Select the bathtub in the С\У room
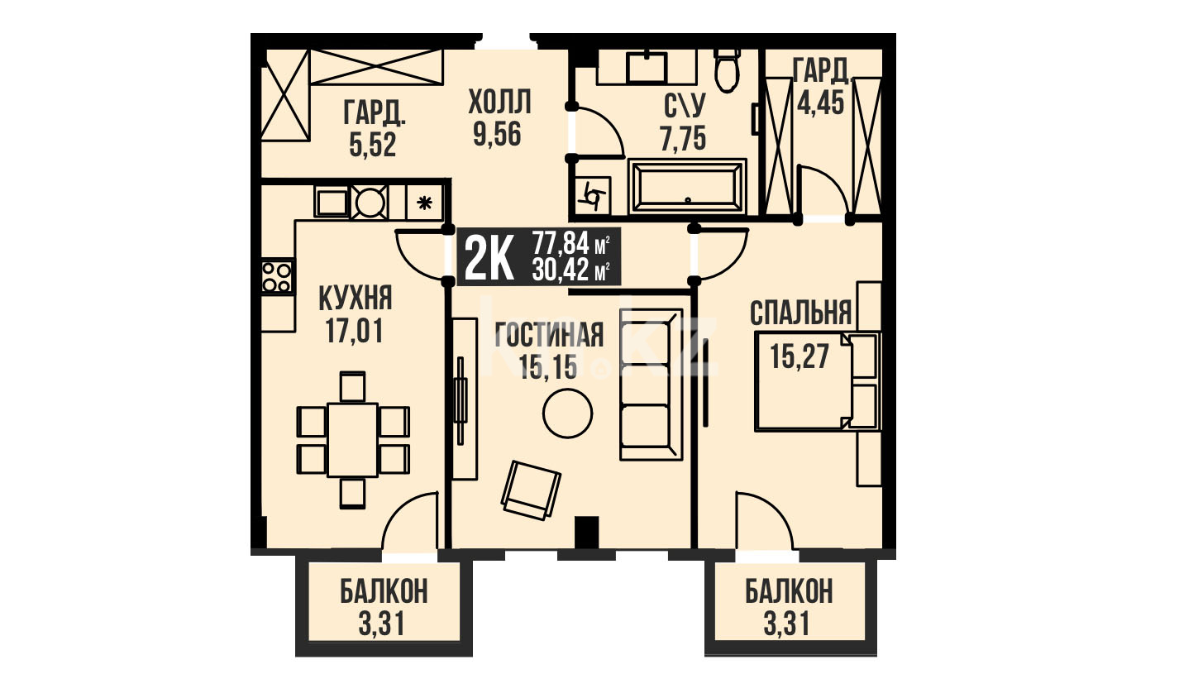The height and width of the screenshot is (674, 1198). point(687,187)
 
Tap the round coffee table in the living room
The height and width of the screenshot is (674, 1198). point(567,413)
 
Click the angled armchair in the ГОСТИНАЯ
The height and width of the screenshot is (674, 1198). point(531,490)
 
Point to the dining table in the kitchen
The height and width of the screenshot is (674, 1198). point(353,440)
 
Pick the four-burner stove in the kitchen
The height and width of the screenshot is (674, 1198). point(278,276)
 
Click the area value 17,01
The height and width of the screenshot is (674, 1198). point(355,332)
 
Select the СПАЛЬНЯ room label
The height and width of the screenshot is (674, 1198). point(800,313)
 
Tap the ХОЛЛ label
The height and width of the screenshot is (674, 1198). point(500,103)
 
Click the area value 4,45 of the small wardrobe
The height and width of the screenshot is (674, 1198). point(820,103)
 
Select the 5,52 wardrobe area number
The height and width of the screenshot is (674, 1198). point(373,145)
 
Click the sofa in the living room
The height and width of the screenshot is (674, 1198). point(652,384)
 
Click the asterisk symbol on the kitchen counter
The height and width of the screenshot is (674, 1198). point(424,203)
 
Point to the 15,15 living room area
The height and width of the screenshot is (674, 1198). point(549,367)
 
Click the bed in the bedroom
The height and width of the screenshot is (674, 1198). point(817,381)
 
